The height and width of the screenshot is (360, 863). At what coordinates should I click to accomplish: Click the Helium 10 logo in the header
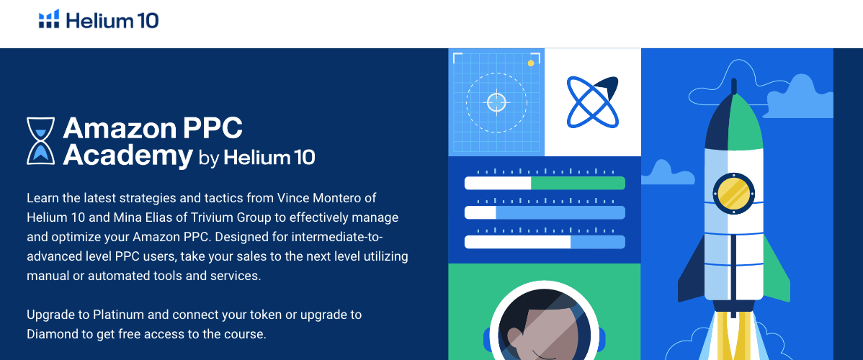coord(98,20)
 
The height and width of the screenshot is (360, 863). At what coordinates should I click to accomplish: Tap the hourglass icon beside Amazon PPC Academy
coord(40,140)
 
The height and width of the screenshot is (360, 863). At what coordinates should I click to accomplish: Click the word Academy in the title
coord(128,155)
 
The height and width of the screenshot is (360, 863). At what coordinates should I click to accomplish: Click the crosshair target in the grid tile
coord(496,102)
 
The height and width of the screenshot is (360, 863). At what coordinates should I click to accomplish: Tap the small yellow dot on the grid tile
coord(531,63)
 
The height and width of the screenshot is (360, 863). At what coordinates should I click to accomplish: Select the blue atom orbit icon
coord(592,102)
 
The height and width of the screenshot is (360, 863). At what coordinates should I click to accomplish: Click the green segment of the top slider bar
coord(578,183)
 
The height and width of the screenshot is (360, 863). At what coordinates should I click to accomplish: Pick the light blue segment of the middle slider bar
coord(560,212)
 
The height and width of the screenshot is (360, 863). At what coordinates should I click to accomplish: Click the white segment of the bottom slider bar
coord(517,242)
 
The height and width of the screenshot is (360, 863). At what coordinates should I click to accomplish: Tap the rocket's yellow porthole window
coord(733,192)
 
